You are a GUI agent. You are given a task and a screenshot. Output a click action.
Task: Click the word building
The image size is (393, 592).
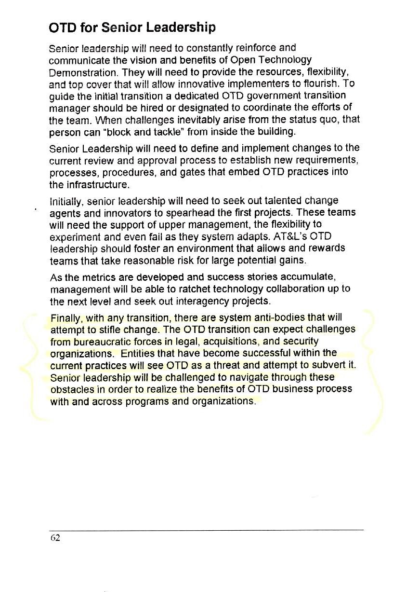pyautogui.click(x=273, y=131)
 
